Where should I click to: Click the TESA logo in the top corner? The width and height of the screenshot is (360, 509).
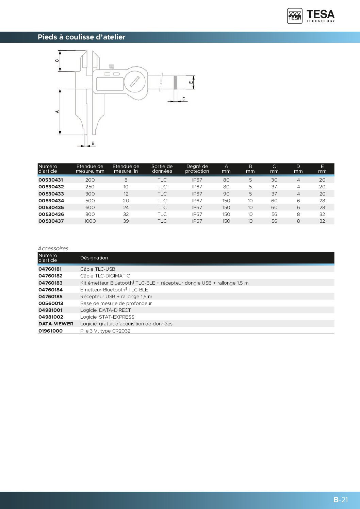tap(311, 16)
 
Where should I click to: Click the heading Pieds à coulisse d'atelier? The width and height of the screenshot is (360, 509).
tap(81, 37)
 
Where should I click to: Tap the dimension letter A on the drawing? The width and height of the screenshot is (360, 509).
tap(57, 112)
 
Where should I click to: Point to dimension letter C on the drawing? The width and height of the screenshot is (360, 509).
tap(57, 61)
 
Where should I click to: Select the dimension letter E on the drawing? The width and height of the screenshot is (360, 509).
tap(191, 82)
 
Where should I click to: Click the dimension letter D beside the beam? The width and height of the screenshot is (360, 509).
tap(184, 99)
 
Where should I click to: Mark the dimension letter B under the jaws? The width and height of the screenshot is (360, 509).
tap(93, 143)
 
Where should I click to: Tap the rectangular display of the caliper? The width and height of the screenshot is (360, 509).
tap(110, 84)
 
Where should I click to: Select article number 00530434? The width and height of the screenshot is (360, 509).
tap(51, 201)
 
